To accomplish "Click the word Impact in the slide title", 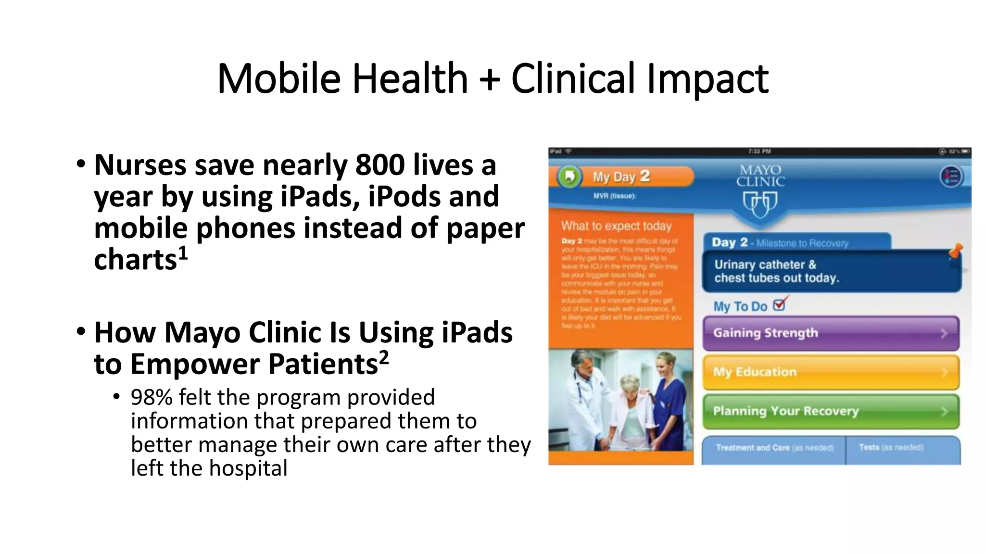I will [707, 78].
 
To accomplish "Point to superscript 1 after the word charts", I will [183, 253].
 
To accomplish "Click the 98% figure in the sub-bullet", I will [151, 398].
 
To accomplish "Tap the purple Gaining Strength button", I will [831, 333].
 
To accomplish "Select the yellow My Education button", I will [831, 372].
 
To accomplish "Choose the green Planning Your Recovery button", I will [831, 411].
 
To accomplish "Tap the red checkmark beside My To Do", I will [780, 304].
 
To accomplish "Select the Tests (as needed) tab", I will [891, 448].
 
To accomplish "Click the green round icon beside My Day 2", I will [569, 177].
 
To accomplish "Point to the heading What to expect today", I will [616, 226].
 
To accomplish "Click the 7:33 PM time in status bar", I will [759, 151].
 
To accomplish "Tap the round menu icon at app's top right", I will [951, 176].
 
